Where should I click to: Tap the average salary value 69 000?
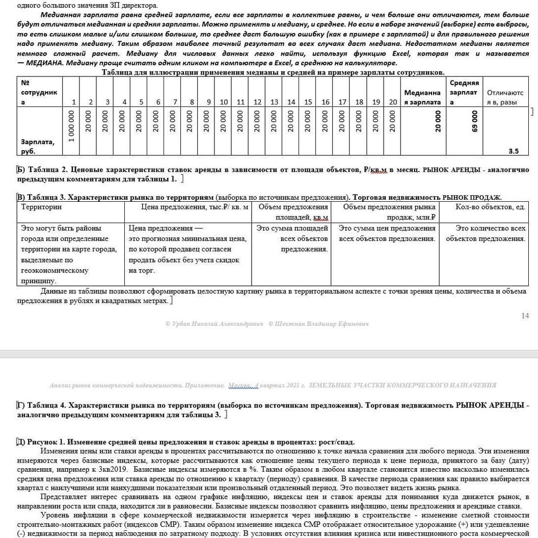(x=475, y=122)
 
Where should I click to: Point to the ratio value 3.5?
(x=514, y=151)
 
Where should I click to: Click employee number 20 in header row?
(x=393, y=102)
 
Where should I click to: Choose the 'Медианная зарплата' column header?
(x=422, y=97)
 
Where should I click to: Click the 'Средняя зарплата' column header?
(x=464, y=92)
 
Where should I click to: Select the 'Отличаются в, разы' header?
(x=505, y=97)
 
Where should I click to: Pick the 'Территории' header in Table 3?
(x=41, y=207)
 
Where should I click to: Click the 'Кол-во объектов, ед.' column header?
(x=490, y=207)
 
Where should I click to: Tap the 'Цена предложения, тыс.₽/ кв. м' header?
(x=195, y=207)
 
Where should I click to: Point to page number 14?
(x=525, y=316)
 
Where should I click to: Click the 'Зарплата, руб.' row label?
(x=37, y=146)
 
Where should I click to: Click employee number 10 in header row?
(x=224, y=102)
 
